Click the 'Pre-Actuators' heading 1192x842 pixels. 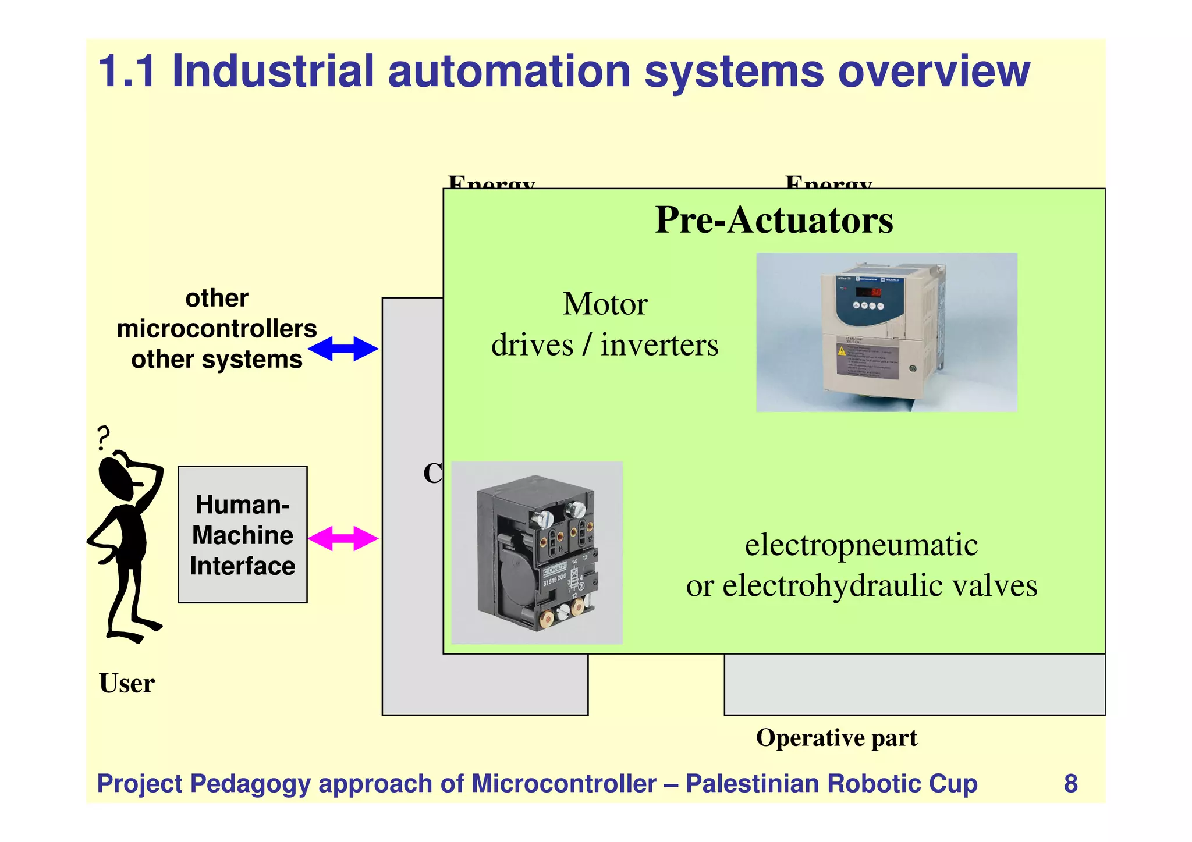pos(774,221)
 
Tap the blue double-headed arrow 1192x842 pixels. pos(343,349)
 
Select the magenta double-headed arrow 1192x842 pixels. pos(343,538)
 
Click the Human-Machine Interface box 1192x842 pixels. pos(243,534)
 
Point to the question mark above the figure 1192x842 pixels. pos(103,437)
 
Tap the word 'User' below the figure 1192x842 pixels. pos(127,683)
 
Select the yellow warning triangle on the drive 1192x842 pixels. pos(842,350)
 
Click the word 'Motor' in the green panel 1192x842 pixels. pos(605,304)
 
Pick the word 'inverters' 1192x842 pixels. pos(659,345)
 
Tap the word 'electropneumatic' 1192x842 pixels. pos(861,545)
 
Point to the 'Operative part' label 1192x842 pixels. pos(836,738)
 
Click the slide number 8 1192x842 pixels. pos(1070,783)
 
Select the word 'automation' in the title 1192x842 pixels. pos(509,72)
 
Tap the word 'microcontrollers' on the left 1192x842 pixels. pos(217,329)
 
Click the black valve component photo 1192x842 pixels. pos(537,553)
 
